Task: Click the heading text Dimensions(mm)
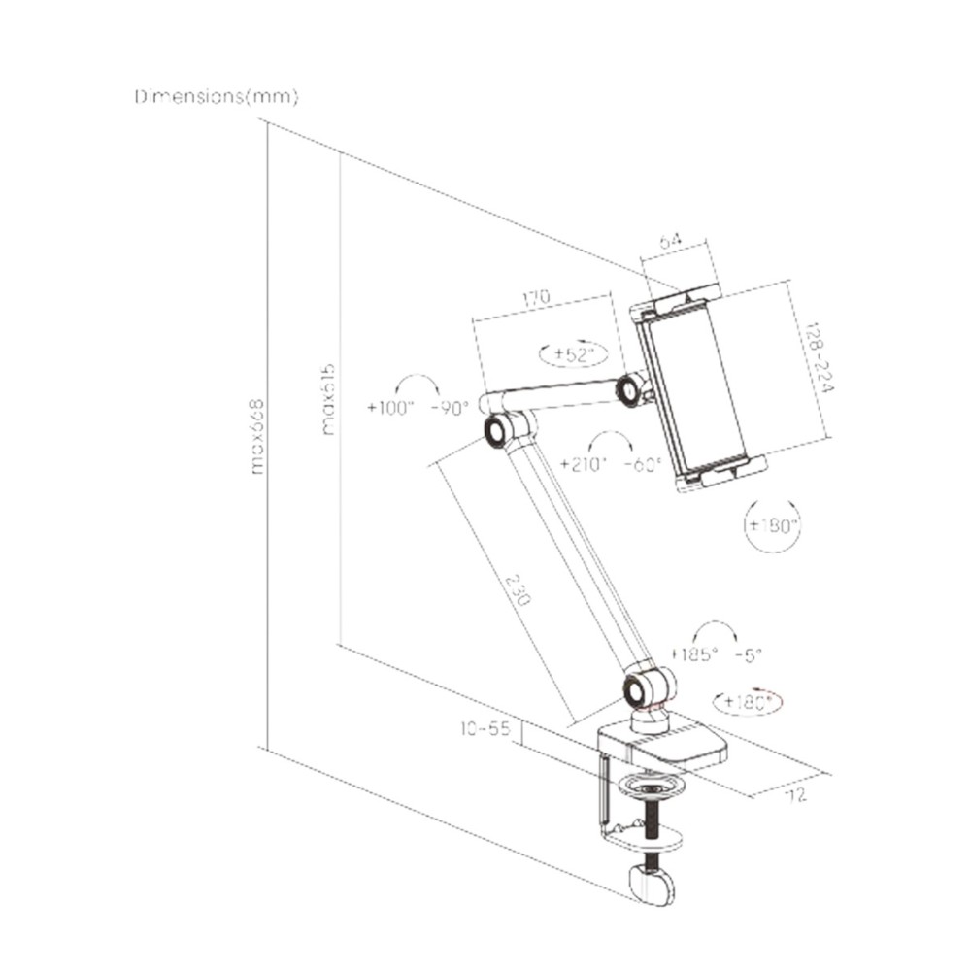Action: pos(217,98)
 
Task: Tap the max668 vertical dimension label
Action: pos(258,436)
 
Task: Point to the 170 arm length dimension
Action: pos(537,296)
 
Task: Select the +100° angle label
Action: pos(390,408)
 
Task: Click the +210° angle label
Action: pos(586,463)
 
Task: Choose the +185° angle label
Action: pos(694,653)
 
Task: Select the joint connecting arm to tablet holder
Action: pos(633,388)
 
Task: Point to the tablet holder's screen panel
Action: pos(694,388)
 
